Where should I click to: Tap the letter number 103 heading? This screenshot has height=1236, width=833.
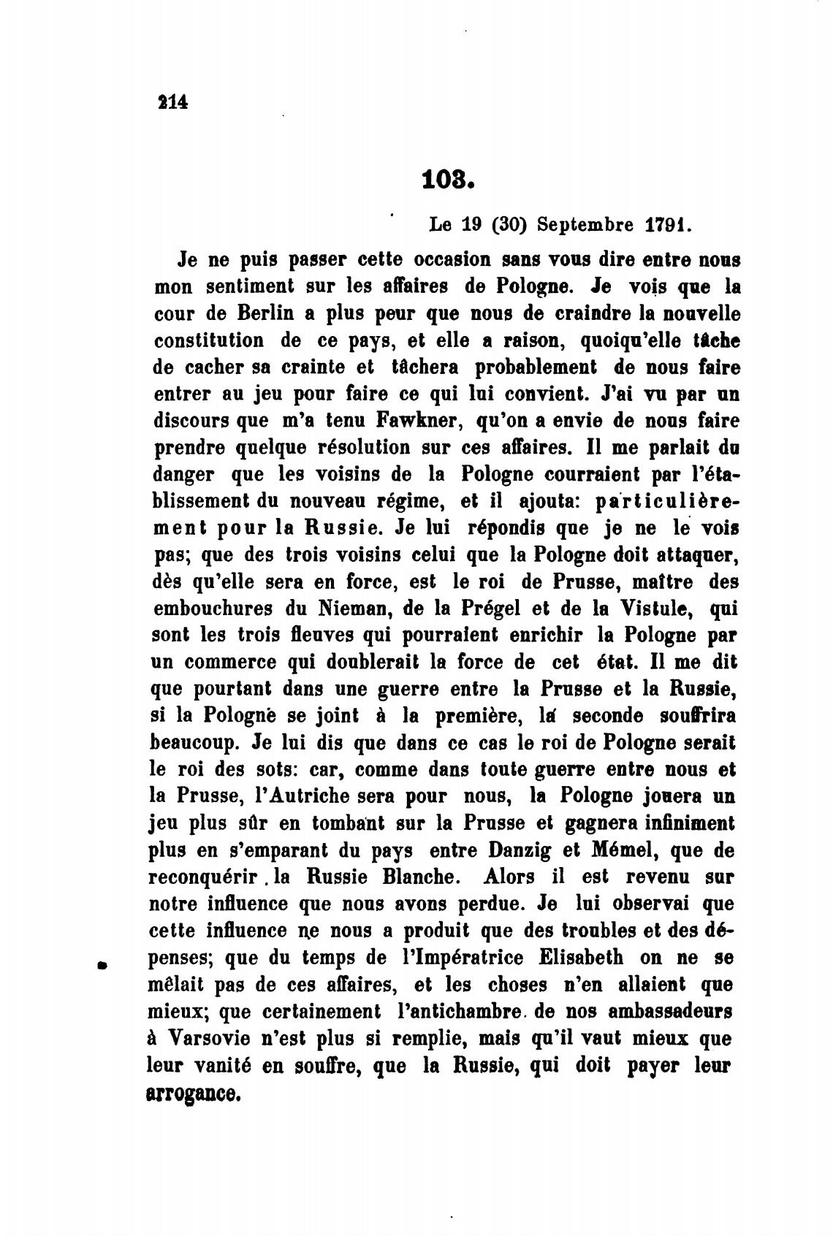pyautogui.click(x=448, y=179)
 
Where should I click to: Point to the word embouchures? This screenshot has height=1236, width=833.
pyautogui.click(x=213, y=609)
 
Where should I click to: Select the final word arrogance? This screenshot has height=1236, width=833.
pyautogui.click(x=193, y=1094)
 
